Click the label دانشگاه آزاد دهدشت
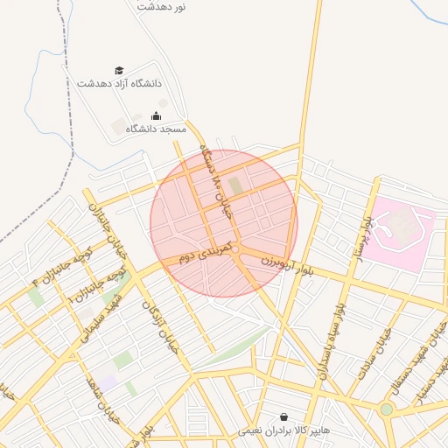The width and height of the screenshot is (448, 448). pyautogui.click(x=119, y=84)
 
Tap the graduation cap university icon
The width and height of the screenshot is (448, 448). pyautogui.click(x=119, y=71)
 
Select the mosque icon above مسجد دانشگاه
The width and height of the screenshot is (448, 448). pyautogui.click(x=157, y=115)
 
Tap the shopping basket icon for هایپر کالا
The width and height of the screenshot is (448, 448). pyautogui.click(x=283, y=417)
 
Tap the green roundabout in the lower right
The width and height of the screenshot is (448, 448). pyautogui.click(x=386, y=409)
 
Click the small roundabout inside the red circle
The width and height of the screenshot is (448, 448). pyautogui.click(x=235, y=250)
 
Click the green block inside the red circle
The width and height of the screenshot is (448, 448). pyautogui.click(x=234, y=185)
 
